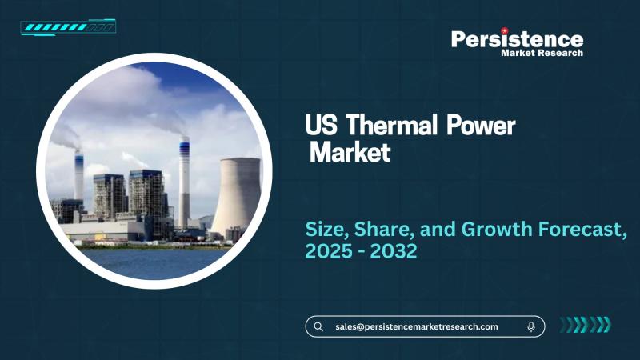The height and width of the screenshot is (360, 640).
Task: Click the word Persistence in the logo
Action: (x=517, y=38)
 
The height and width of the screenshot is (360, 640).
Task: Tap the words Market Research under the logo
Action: (x=542, y=53)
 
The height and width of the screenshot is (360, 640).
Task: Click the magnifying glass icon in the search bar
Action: (x=318, y=326)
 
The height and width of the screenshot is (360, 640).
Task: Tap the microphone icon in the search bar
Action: (x=531, y=326)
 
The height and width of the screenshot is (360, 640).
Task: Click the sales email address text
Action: (x=416, y=326)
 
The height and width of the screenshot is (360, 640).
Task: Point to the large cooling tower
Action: (x=235, y=196)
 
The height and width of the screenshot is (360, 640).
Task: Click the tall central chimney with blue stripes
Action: (x=184, y=184)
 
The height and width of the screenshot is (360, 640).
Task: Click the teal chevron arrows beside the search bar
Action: (x=584, y=325)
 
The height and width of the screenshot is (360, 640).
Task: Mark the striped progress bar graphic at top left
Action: (x=68, y=28)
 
